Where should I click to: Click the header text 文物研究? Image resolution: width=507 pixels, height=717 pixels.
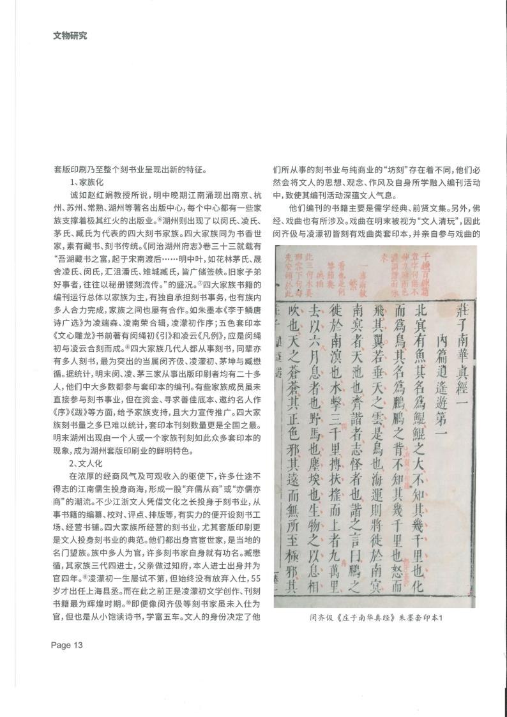[70, 35]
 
